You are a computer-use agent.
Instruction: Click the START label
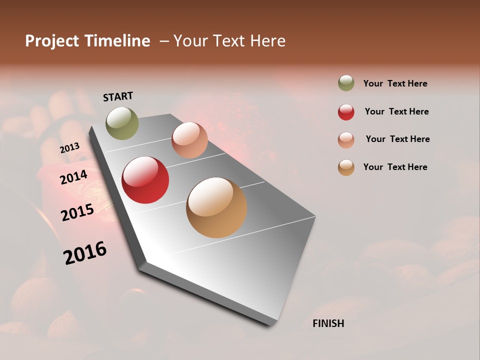pos(118,96)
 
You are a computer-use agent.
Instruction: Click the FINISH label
pos(328,323)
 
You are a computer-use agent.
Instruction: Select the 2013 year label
pos(69,147)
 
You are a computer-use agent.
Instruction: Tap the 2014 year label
pos(74,177)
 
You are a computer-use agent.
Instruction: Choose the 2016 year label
pos(85,253)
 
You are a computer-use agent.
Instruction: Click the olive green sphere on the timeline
pos(122,123)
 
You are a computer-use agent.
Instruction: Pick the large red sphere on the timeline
pos(145,180)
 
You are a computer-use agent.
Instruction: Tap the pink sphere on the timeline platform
pos(189,140)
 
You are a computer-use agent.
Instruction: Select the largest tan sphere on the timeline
pos(216,207)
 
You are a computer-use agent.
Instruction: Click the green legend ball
pos(346,83)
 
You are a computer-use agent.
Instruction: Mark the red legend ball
pos(346,112)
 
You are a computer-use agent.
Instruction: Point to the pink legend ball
pos(346,140)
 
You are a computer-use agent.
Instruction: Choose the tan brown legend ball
pos(346,167)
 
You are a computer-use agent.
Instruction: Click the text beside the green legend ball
pos(395,83)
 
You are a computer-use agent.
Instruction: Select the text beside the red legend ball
pos(396,111)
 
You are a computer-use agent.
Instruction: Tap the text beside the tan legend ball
pos(395,167)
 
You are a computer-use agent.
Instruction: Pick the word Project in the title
pos(51,41)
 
